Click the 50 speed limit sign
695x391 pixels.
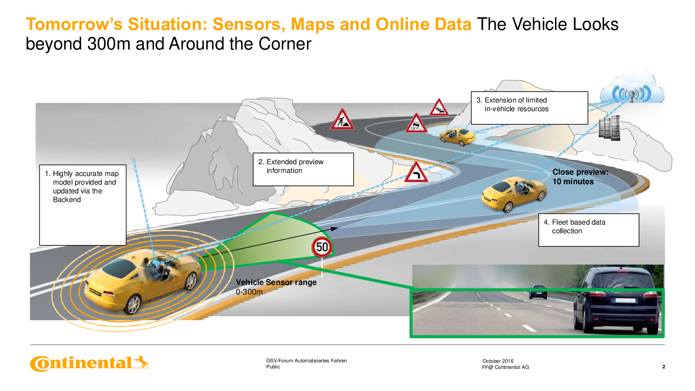tap(322, 247)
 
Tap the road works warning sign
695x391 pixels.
tap(342, 119)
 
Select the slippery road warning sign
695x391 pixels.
tap(416, 123)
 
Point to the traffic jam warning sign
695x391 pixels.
tap(439, 107)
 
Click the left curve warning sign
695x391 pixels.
tap(416, 172)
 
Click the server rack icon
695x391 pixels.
tap(609, 128)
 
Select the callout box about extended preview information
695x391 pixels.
tap(303, 169)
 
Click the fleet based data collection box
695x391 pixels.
tap(589, 230)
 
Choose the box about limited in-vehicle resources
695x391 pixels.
tap(530, 108)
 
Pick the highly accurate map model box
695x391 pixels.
tap(83, 205)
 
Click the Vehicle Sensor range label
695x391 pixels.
tap(276, 282)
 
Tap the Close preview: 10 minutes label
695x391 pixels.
tap(580, 176)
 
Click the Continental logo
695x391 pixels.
tap(89, 363)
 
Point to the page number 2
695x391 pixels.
tap(664, 367)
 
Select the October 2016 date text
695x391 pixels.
tap(498, 361)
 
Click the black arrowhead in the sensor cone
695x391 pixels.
tap(334, 229)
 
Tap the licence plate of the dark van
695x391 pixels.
tap(625, 300)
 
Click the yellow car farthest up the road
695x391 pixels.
tap(457, 136)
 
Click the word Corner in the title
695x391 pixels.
tap(285, 44)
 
